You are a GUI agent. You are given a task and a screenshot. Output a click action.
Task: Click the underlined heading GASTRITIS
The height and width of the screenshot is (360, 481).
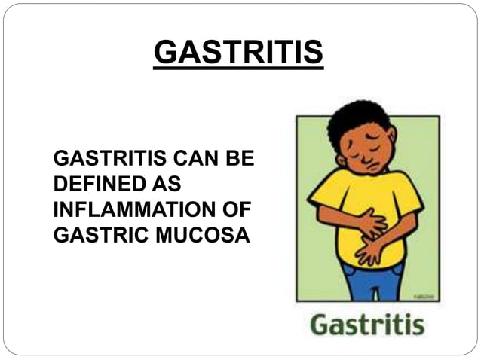pos(238,53)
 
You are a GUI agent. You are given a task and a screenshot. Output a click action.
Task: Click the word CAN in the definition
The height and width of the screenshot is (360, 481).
pos(197,160)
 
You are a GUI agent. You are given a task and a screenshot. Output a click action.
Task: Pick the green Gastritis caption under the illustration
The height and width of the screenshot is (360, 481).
pos(367,325)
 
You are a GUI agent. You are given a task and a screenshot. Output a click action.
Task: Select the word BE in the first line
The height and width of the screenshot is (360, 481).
pos(242,160)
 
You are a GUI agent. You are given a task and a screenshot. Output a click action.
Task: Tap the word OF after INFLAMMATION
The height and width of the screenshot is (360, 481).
pos(235,209)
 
